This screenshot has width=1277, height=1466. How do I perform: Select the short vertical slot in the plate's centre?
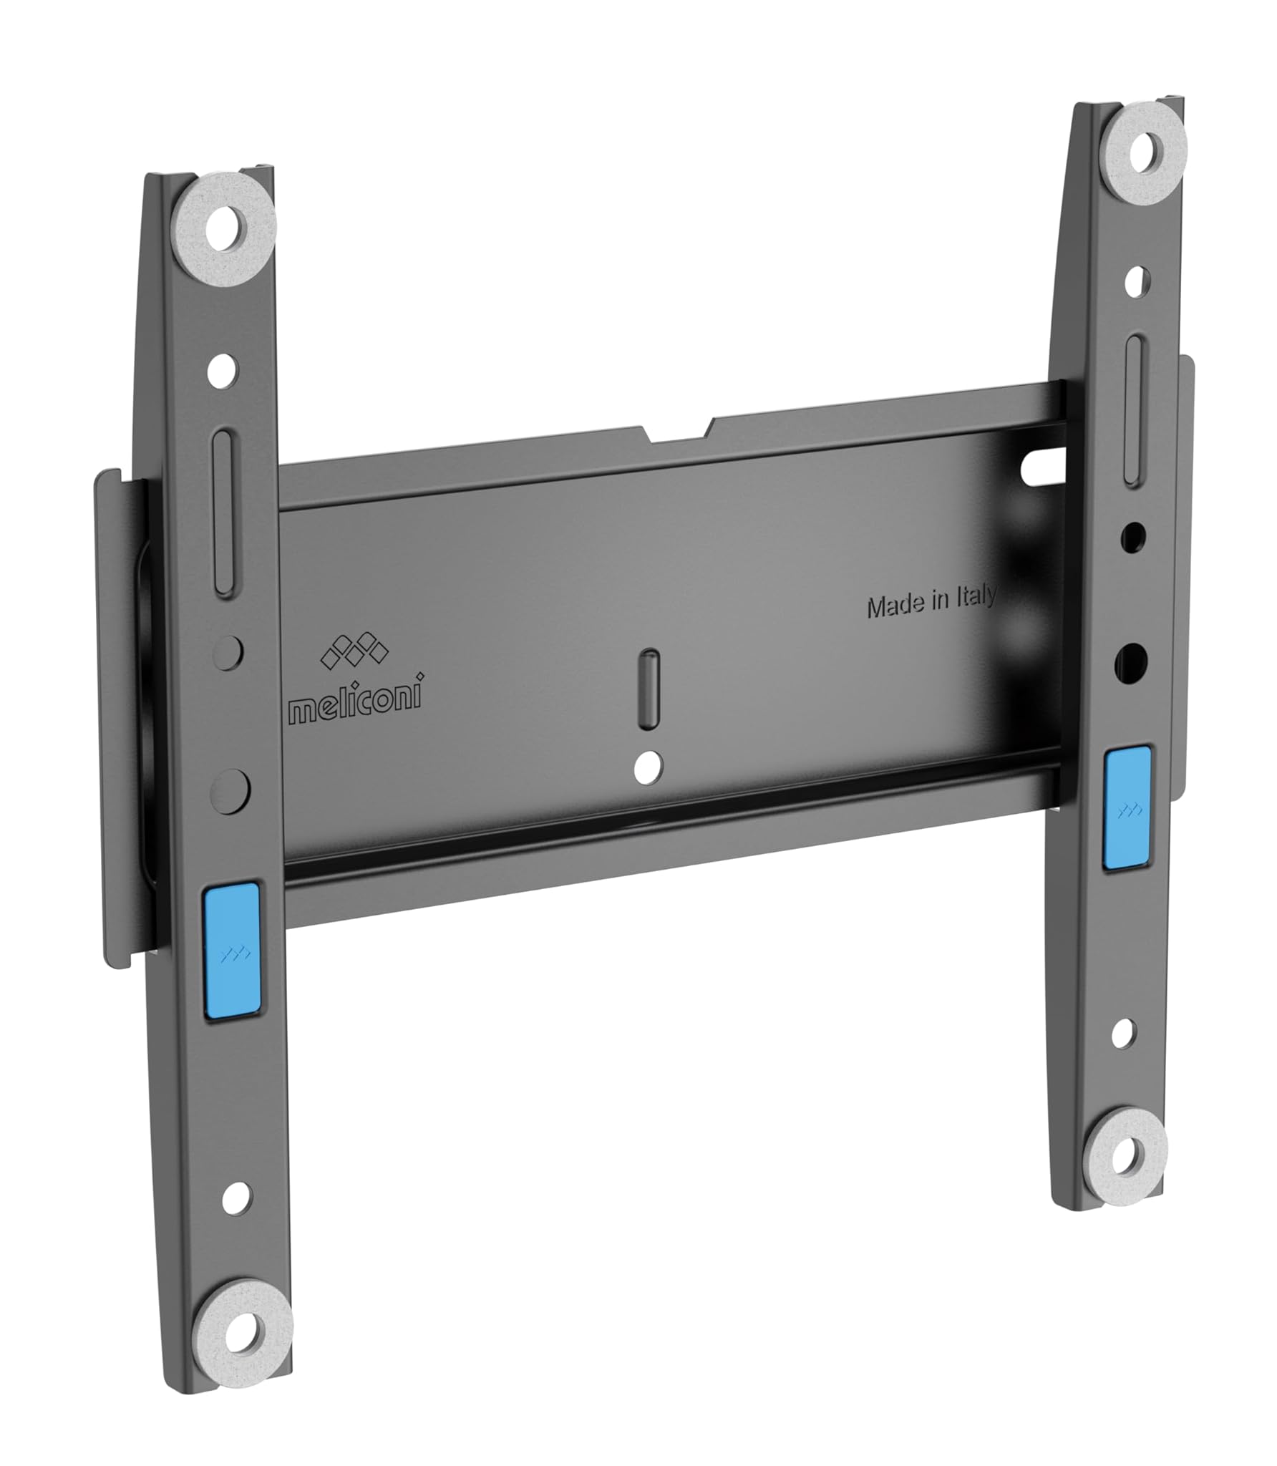(x=649, y=678)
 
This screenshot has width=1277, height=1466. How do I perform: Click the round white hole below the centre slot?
(x=649, y=767)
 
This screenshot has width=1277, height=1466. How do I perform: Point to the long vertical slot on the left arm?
(x=224, y=513)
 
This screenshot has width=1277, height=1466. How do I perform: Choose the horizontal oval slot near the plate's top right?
(x=1043, y=473)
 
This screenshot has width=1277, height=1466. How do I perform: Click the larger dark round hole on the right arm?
(x=1131, y=661)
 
